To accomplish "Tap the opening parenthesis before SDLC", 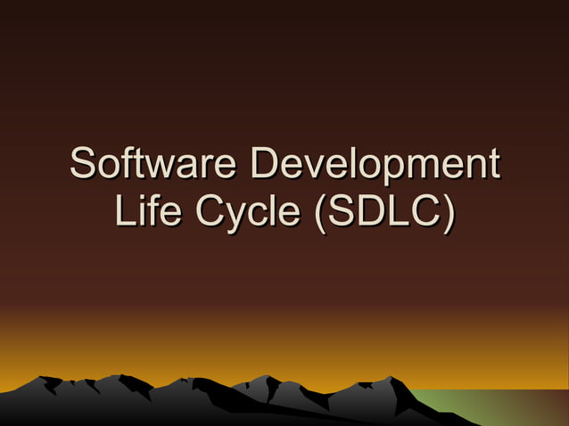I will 313,213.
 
